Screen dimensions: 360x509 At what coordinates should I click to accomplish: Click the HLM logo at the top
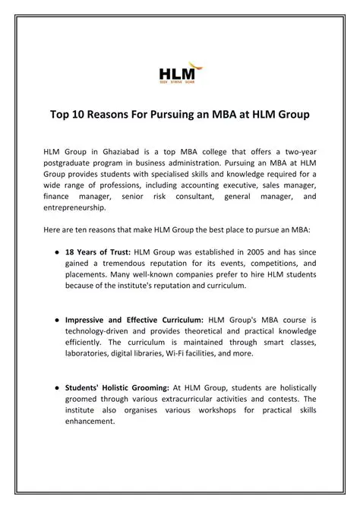176,74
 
